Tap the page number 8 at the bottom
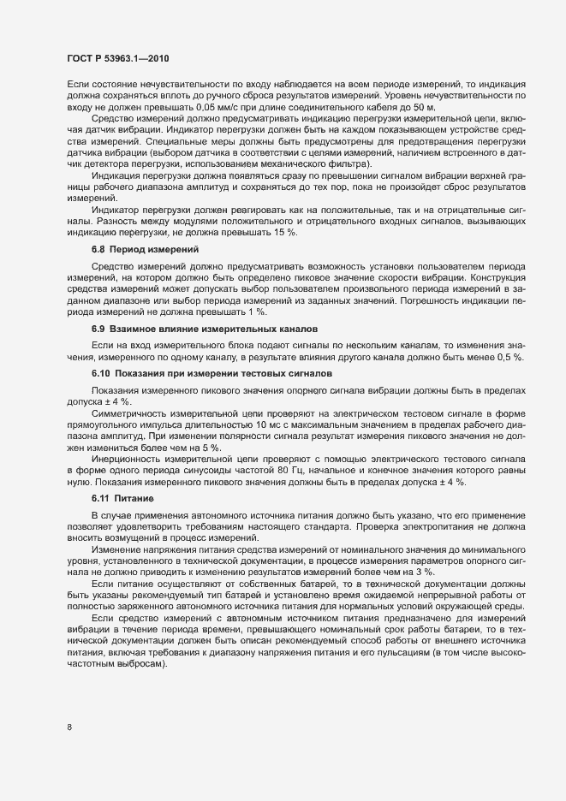pyautogui.click(x=69, y=728)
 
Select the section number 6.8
pyautogui.click(x=98, y=249)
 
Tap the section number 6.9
pyautogui.click(x=98, y=329)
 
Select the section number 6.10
pyautogui.click(x=101, y=373)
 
